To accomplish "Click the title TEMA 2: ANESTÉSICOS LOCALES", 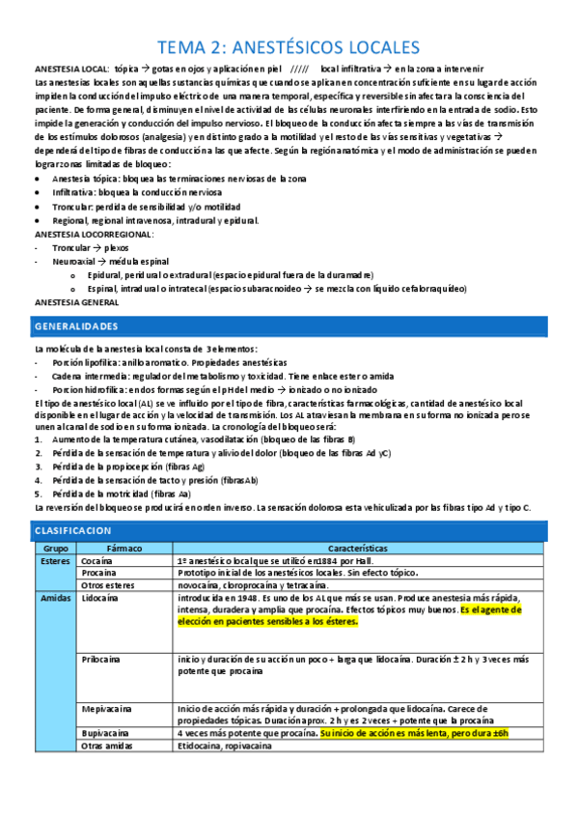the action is [289, 47].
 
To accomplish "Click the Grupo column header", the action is [54, 548].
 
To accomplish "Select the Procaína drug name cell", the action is [98, 573].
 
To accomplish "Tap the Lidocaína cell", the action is [100, 598].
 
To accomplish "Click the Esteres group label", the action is [54, 560].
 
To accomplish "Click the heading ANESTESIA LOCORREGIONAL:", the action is [94, 234].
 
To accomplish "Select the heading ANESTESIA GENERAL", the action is [74, 301].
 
